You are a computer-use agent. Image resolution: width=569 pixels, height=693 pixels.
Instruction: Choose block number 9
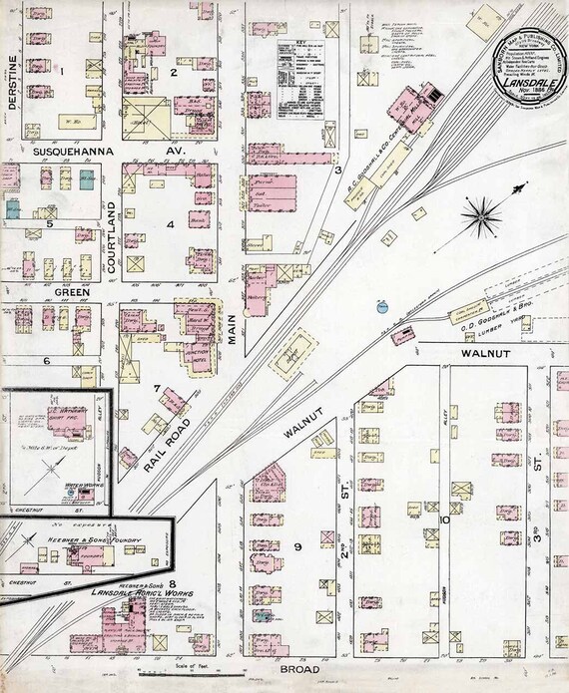(x=296, y=546)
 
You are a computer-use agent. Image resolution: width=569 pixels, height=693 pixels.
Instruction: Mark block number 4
(x=171, y=223)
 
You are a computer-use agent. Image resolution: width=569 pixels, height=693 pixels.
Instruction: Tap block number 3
(x=339, y=170)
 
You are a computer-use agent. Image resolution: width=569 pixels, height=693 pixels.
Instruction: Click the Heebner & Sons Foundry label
(x=94, y=541)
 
